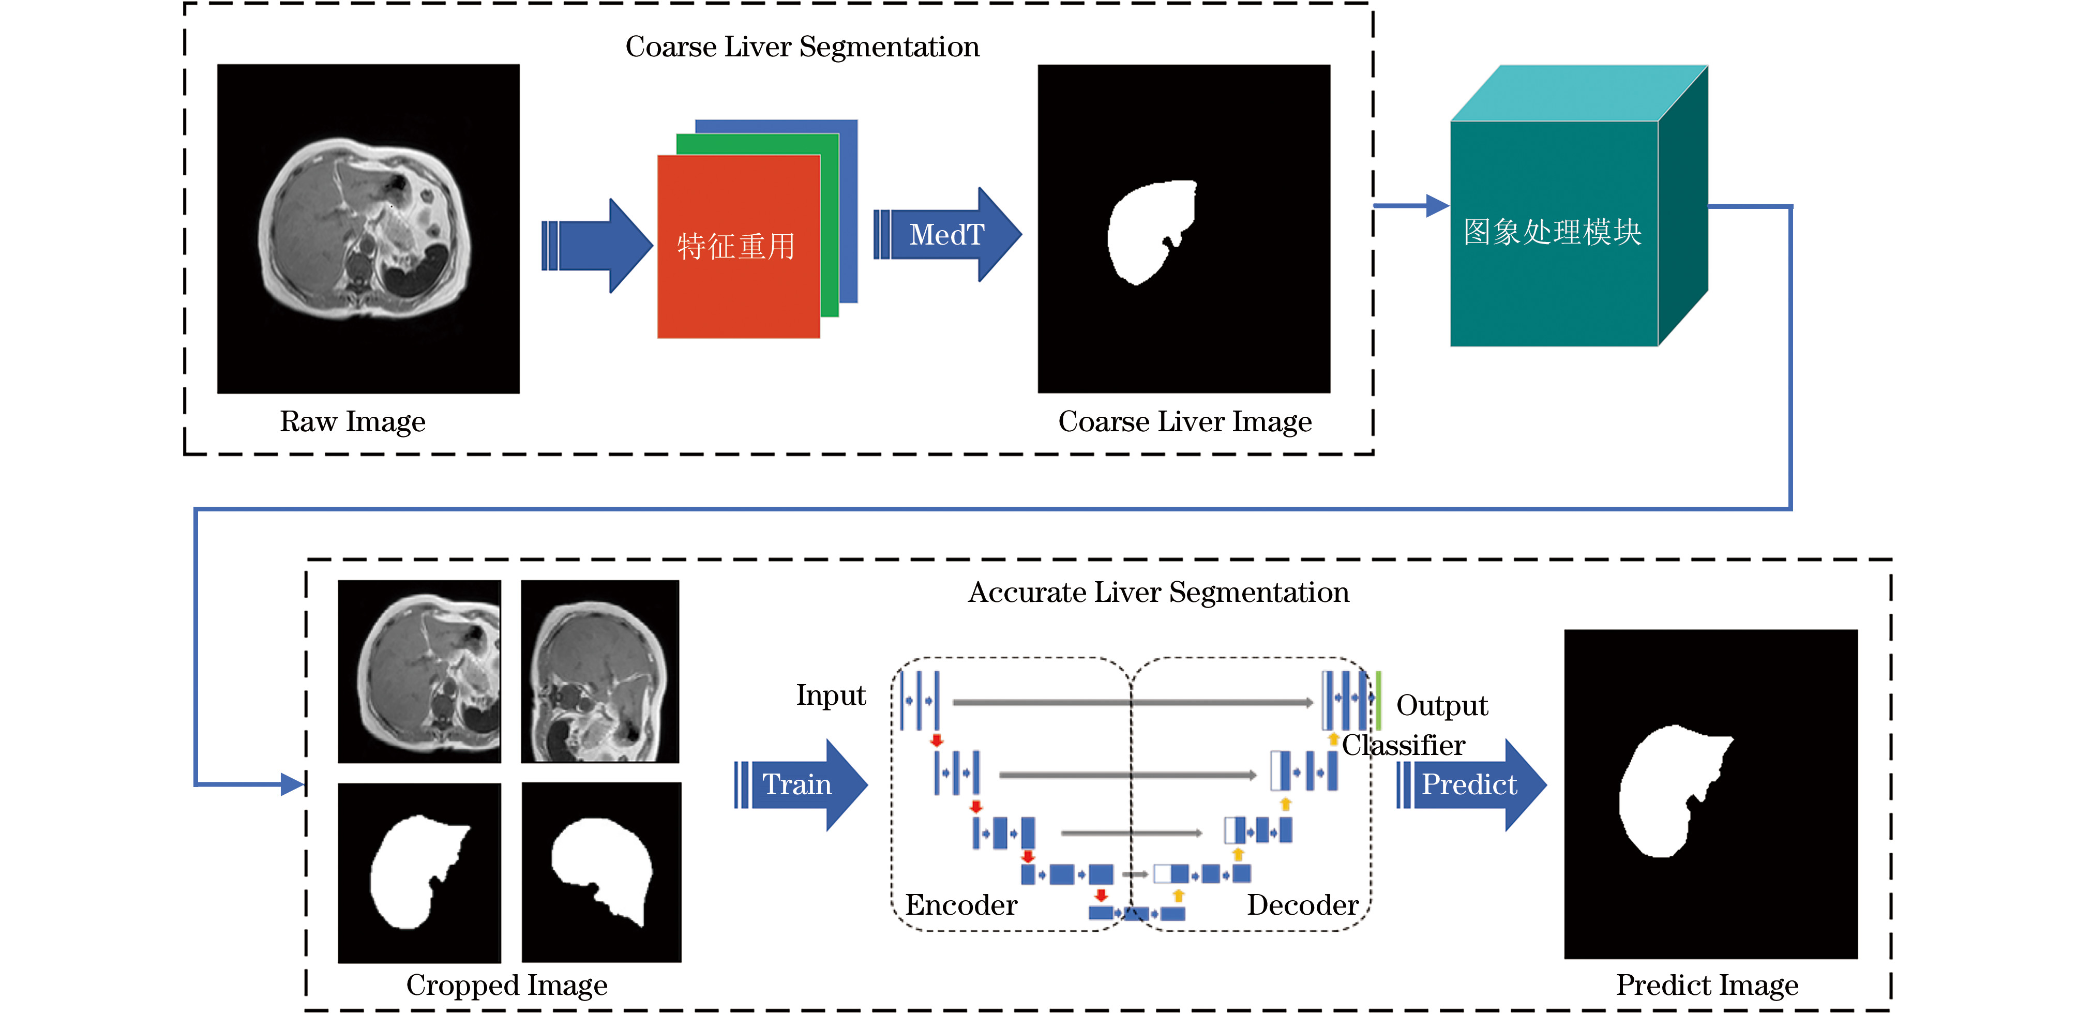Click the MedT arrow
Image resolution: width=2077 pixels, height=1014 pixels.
coord(947,235)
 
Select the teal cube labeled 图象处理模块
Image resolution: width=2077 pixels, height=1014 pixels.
coord(1554,233)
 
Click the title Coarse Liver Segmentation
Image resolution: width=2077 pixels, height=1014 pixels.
coord(802,47)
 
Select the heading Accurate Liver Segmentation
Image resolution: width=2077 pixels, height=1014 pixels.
coord(1158,593)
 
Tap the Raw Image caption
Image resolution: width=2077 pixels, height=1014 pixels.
coord(352,421)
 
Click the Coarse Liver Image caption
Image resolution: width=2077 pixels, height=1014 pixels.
coord(1184,421)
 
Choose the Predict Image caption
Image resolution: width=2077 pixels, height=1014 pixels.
coord(1707,985)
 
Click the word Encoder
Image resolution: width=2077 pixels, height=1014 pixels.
coord(961,905)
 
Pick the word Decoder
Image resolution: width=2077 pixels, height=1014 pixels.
coord(1303,905)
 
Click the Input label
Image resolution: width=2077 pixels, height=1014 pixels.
coord(831,695)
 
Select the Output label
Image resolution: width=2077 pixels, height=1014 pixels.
coord(1442,705)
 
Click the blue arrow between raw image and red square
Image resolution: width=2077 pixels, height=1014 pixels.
coord(597,246)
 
